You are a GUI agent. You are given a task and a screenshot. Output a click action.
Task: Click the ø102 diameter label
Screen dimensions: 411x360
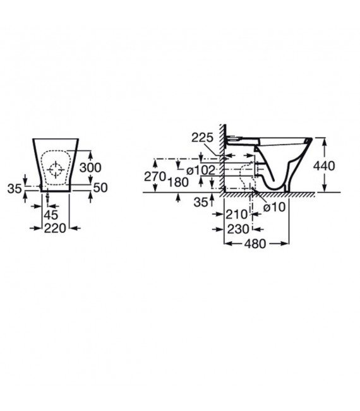(x=200, y=170)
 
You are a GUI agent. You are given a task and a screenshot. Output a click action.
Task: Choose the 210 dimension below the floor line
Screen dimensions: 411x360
(x=236, y=214)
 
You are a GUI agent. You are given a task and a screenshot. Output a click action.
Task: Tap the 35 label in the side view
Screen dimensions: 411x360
(x=201, y=202)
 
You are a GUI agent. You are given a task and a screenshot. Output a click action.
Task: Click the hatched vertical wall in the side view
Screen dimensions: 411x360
(x=222, y=158)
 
